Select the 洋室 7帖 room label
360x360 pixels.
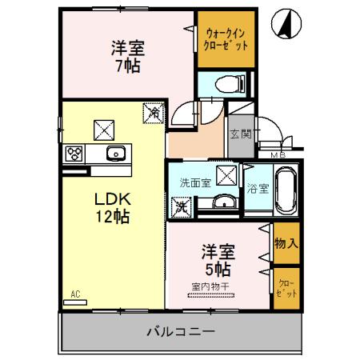pyautogui.click(x=126, y=57)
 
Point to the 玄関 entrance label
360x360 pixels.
pyautogui.click(x=238, y=134)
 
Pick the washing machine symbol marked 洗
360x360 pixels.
pyautogui.click(x=182, y=207)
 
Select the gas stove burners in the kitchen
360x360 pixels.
pyautogui.click(x=74, y=153)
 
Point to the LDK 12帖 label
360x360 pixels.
pyautogui.click(x=114, y=206)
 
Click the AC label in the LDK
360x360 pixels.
pyautogui.click(x=75, y=293)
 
